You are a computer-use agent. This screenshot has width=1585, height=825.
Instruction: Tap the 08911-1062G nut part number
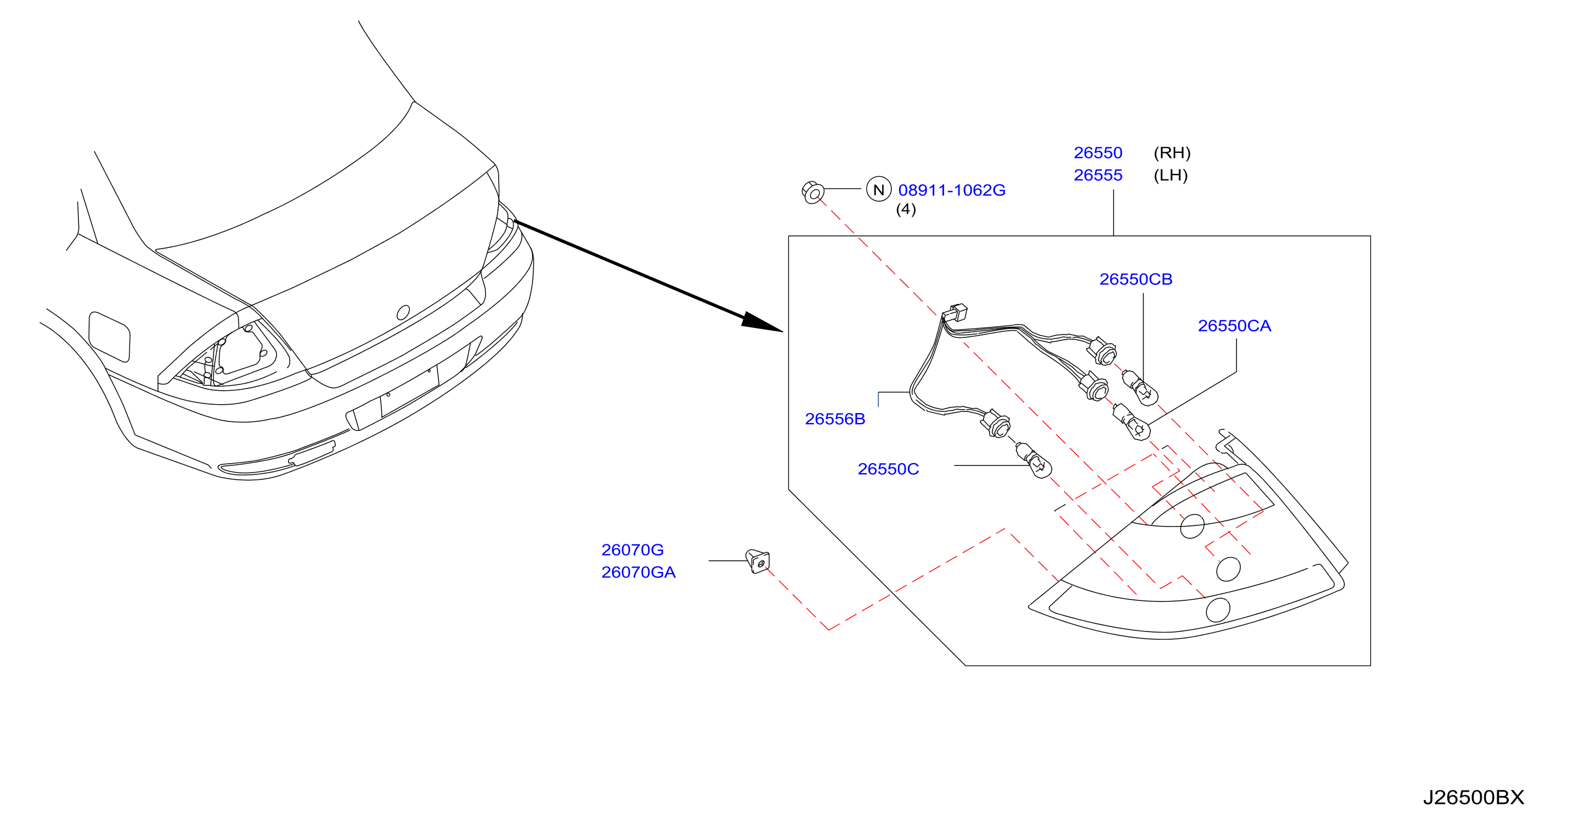pos(951,190)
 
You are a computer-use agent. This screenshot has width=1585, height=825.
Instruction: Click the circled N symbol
pos(878,190)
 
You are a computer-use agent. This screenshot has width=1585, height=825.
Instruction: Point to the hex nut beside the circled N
pos(813,192)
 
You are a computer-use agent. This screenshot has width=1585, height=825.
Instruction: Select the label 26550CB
pos(1136,279)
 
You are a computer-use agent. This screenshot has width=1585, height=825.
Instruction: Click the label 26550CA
pos(1234,326)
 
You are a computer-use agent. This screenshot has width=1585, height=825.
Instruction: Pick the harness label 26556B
pos(835,419)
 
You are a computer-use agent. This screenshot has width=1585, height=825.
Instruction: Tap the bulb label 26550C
pos(888,469)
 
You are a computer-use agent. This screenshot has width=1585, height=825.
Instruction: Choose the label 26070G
pos(633,550)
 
